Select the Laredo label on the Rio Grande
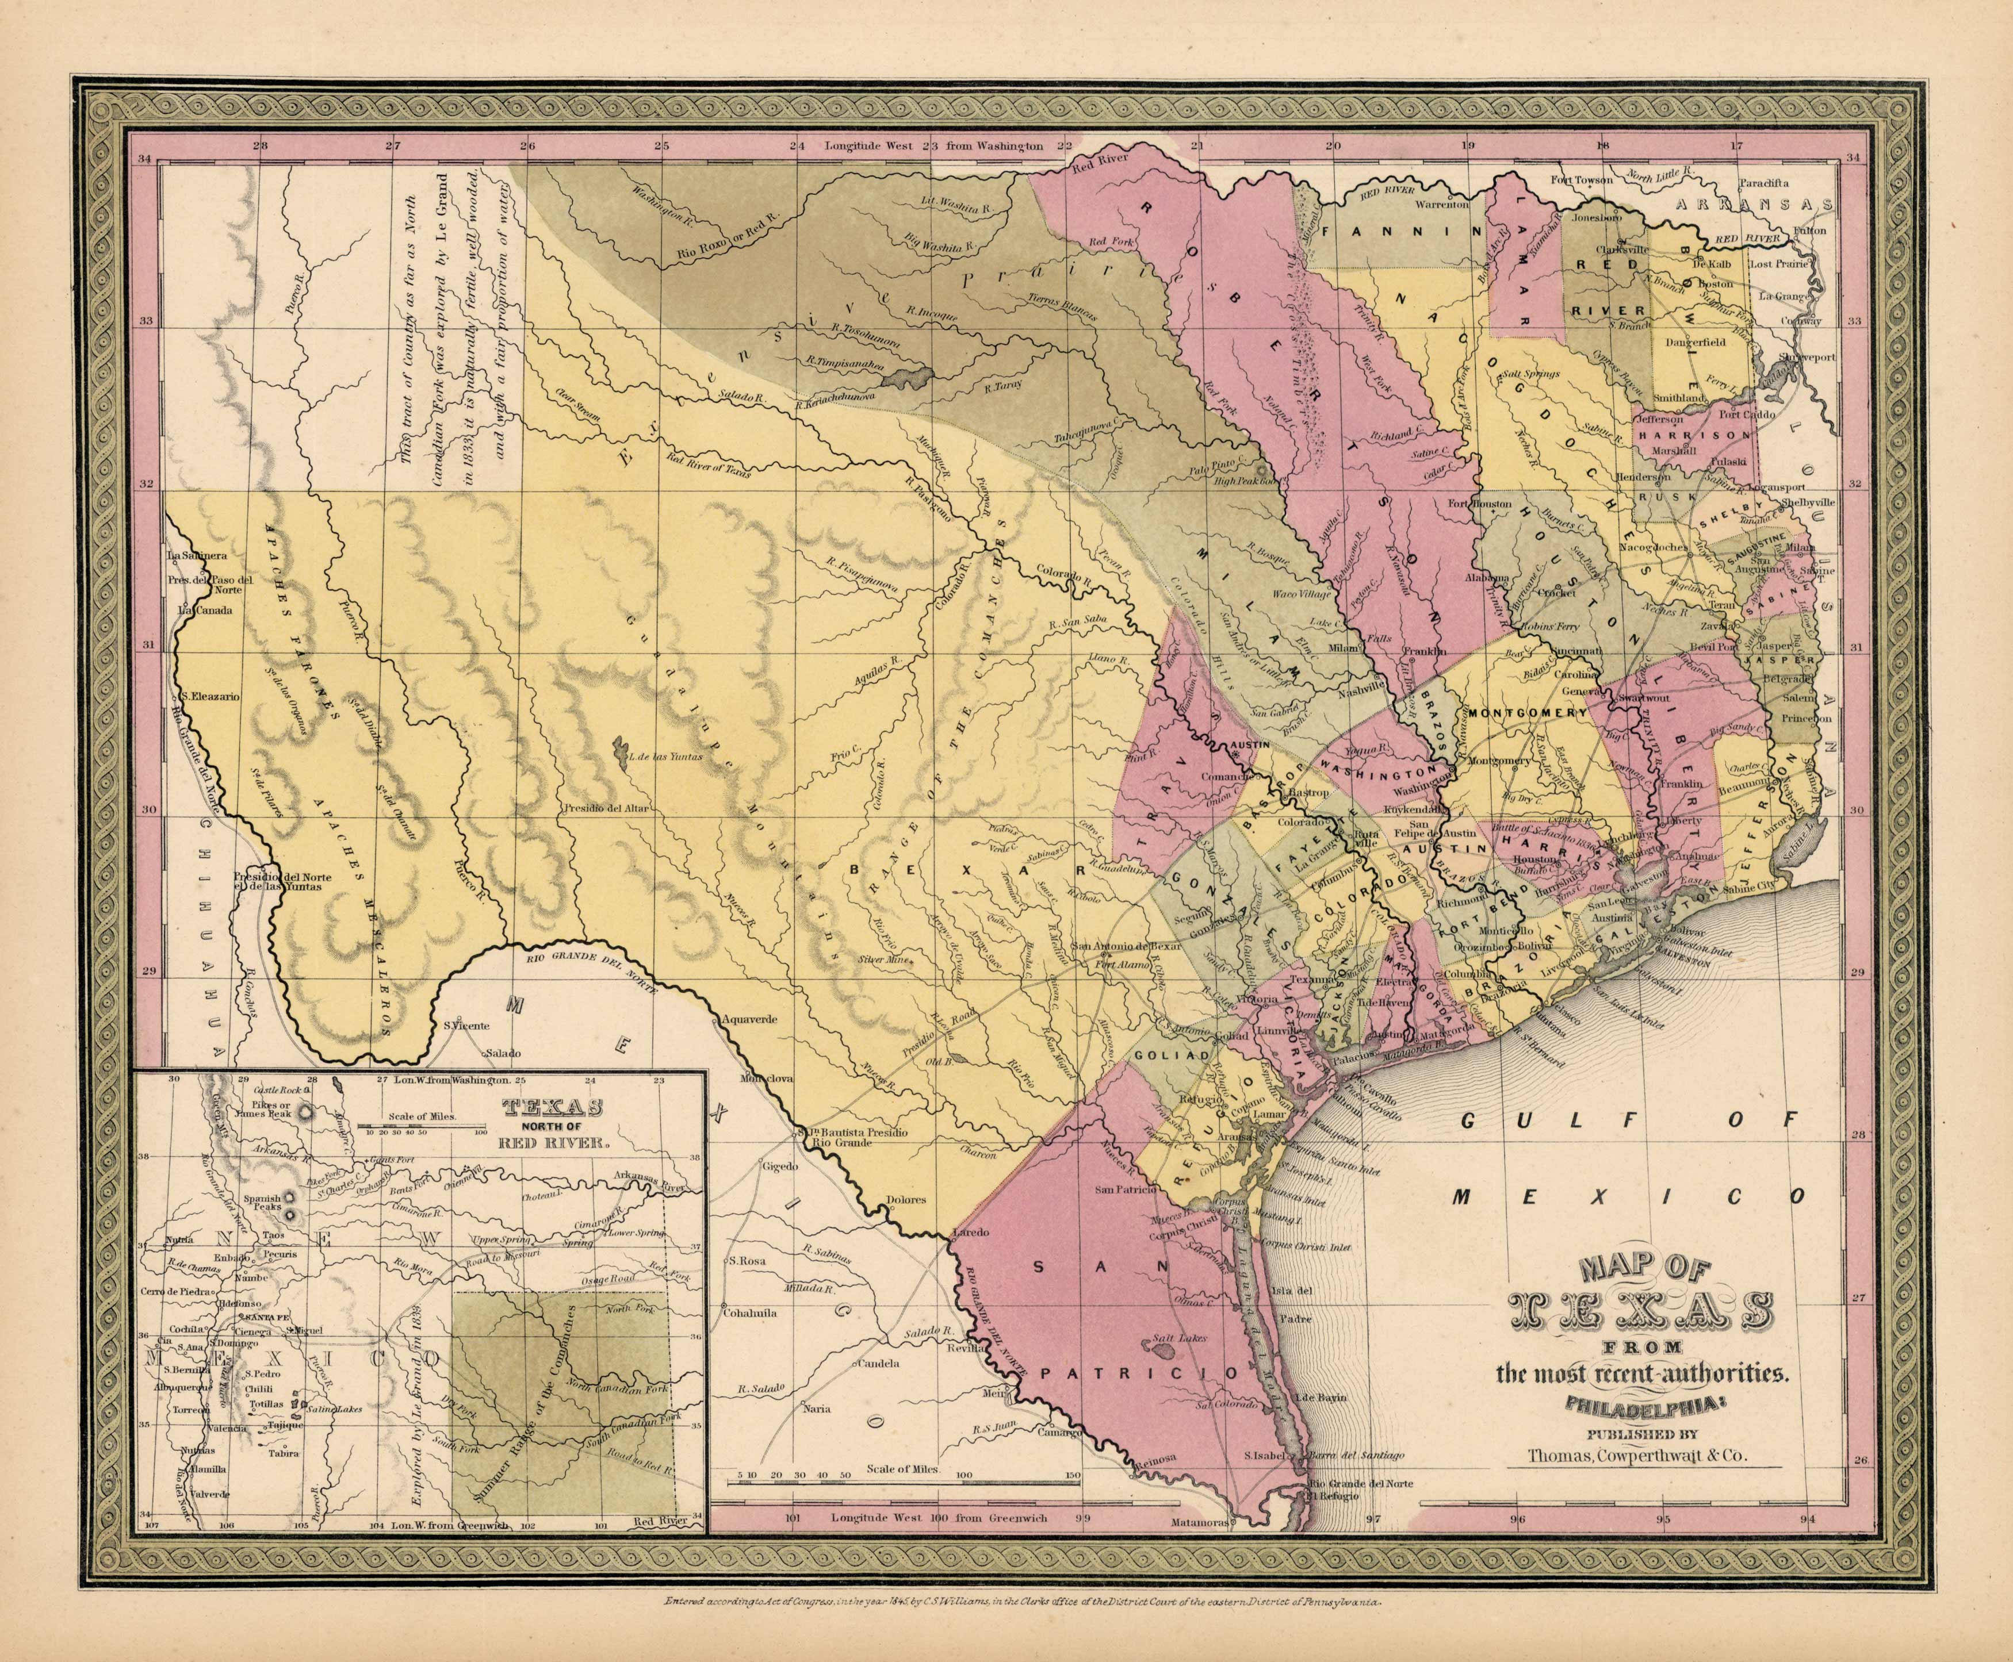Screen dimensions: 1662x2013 pyautogui.click(x=971, y=1232)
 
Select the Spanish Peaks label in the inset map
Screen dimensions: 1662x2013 pyautogui.click(x=262, y=1203)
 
